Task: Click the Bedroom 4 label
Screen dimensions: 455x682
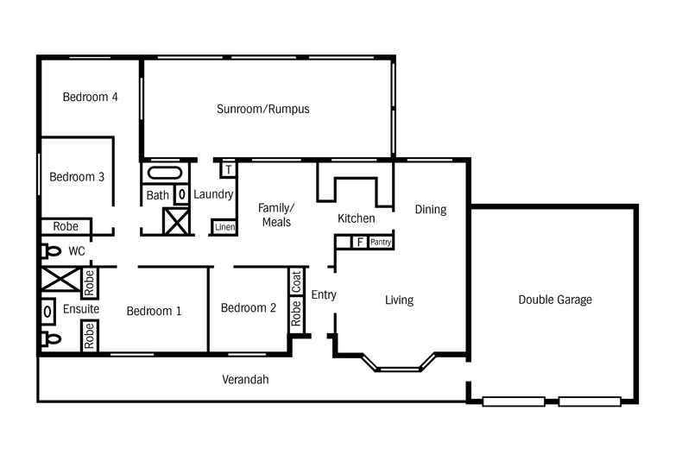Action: point(90,97)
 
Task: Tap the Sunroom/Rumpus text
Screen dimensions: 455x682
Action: point(262,109)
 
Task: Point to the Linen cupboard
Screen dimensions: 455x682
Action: point(224,227)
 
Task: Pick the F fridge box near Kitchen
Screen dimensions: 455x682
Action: point(359,242)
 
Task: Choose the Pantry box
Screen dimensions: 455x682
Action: point(381,243)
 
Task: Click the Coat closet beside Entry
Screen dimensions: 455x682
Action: point(296,281)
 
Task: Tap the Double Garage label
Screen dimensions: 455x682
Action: point(555,300)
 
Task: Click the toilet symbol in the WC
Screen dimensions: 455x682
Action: point(51,251)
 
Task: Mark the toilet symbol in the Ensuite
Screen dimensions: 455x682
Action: point(51,338)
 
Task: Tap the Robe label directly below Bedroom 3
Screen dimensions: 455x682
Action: point(66,226)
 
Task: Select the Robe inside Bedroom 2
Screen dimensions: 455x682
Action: point(296,313)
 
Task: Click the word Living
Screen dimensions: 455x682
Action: point(399,300)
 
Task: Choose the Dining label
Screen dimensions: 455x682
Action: point(430,209)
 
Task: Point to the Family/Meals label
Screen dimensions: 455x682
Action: point(275,215)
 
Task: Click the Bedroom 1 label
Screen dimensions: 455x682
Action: point(154,311)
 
